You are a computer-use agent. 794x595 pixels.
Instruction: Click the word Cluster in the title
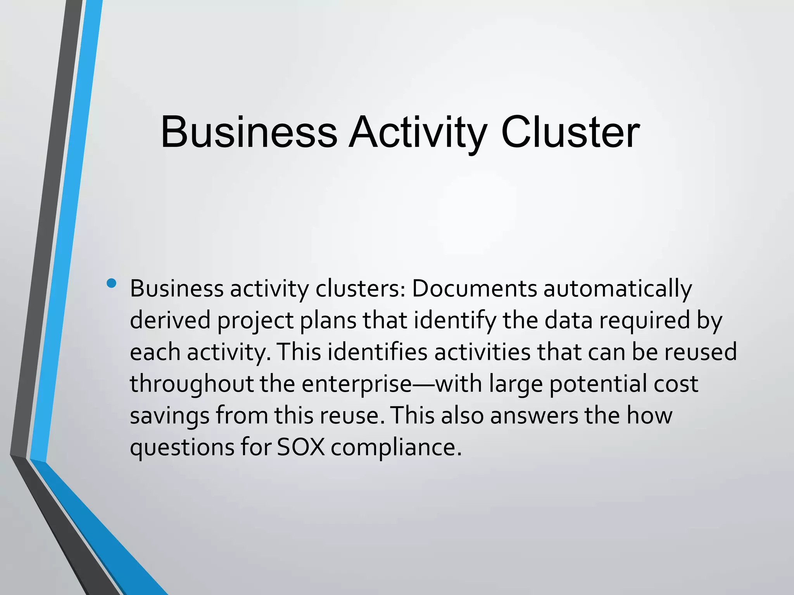pyautogui.click(x=570, y=132)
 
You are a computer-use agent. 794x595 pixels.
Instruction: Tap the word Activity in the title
pyautogui.click(x=417, y=132)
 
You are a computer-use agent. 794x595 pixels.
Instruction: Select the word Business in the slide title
pyautogui.click(x=249, y=132)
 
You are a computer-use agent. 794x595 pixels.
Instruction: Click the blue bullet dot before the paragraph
pyautogui.click(x=111, y=283)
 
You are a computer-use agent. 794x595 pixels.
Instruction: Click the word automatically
pyautogui.click(x=618, y=289)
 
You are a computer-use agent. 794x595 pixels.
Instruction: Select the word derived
pyautogui.click(x=170, y=320)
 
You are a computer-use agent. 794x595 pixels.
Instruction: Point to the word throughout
pyautogui.click(x=192, y=384)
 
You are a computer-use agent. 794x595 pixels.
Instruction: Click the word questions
pyautogui.click(x=182, y=448)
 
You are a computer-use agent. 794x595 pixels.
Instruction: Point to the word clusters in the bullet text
pyautogui.click(x=360, y=289)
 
